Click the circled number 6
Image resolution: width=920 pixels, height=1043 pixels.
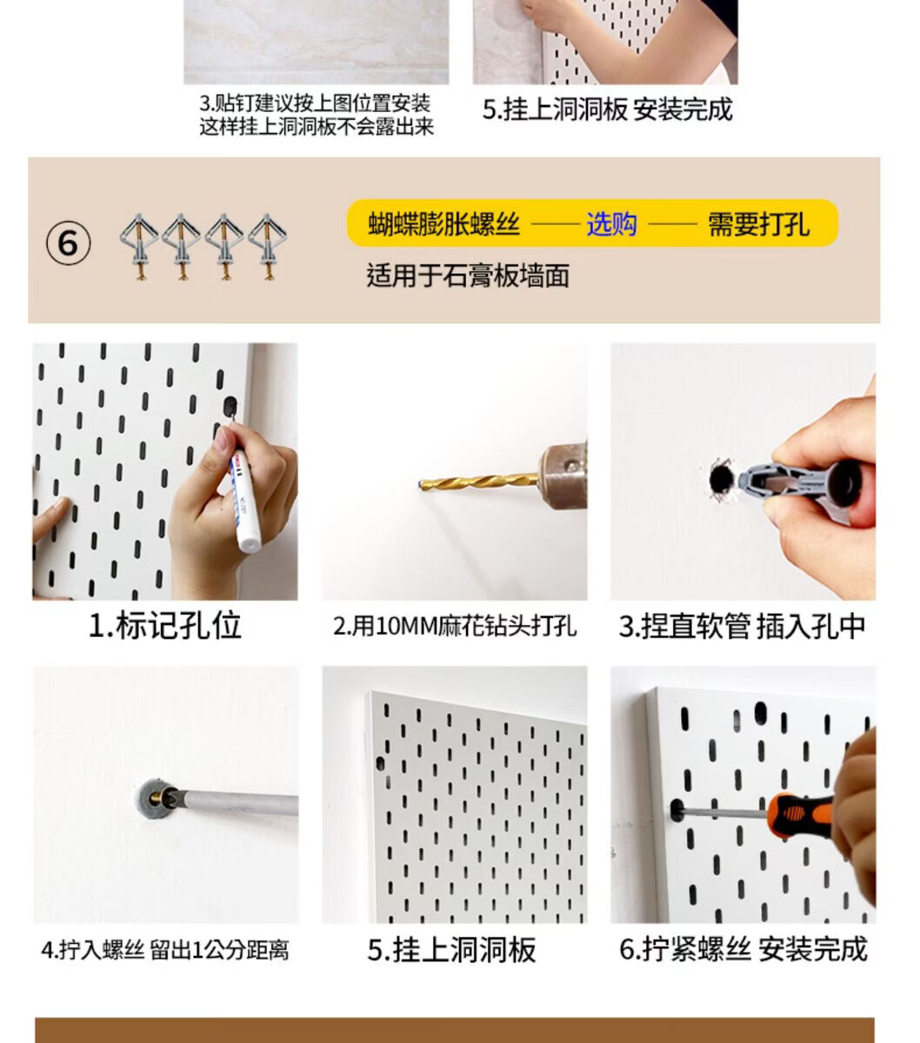click(69, 243)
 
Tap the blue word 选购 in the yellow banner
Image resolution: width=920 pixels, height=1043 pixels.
click(612, 224)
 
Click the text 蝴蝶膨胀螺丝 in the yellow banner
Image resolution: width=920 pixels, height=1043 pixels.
click(444, 224)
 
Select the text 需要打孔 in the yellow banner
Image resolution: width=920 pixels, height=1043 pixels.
click(758, 224)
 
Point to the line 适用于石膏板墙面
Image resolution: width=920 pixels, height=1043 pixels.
click(468, 276)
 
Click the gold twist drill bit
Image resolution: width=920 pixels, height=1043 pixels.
click(478, 483)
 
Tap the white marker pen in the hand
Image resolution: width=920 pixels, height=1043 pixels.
click(245, 500)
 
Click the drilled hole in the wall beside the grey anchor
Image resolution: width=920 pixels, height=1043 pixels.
click(721, 478)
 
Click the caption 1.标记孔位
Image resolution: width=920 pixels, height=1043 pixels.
click(165, 626)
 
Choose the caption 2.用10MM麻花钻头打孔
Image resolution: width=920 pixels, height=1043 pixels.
click(454, 627)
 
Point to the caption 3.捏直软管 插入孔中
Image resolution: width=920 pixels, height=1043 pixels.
click(742, 627)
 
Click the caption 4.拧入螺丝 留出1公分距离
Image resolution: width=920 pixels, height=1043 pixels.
click(165, 950)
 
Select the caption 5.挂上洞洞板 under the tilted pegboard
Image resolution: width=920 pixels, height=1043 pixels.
click(451, 949)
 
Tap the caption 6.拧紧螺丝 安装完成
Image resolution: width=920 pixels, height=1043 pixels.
click(743, 949)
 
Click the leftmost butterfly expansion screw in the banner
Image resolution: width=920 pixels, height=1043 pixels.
click(138, 247)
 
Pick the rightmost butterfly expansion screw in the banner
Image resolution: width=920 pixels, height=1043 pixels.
click(267, 247)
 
